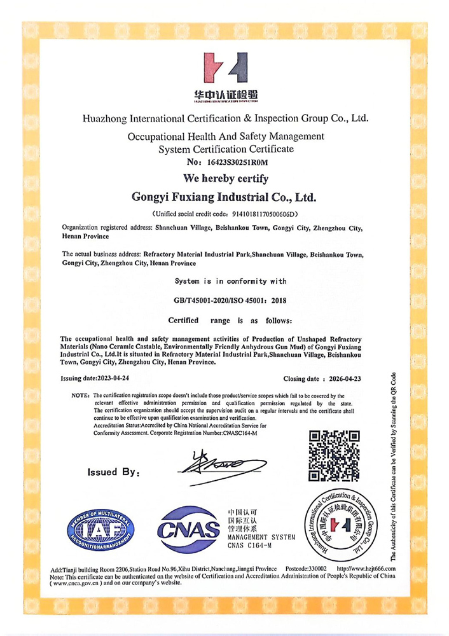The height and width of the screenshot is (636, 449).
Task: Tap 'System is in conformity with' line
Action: click(230, 281)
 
